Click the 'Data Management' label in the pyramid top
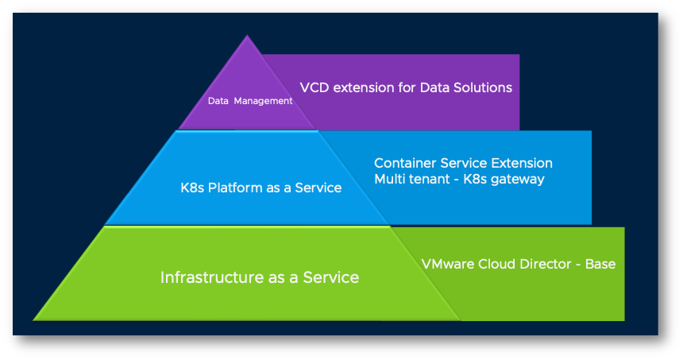pyautogui.click(x=250, y=101)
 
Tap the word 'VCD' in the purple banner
pyautogui.click(x=314, y=87)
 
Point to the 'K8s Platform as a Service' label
pyautogui.click(x=260, y=188)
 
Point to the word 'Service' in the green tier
pyautogui.click(x=331, y=278)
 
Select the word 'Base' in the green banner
pyautogui.click(x=600, y=264)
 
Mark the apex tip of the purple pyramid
pyautogui.click(x=249, y=36)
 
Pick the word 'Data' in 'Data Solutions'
pyautogui.click(x=432, y=87)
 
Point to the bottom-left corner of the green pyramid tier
pyautogui.click(x=34, y=319)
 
